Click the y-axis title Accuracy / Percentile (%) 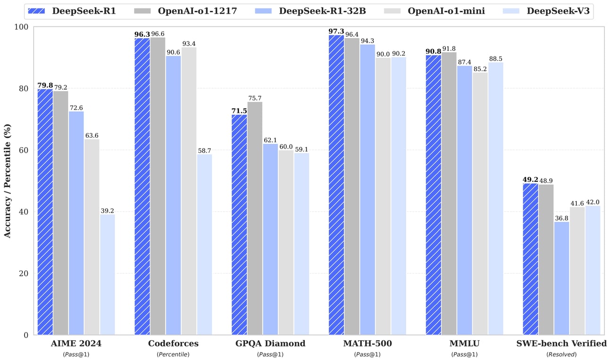click(8, 181)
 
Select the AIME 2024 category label click(76, 344)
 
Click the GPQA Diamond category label click(270, 344)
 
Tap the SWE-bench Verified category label click(561, 344)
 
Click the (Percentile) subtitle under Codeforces click(173, 354)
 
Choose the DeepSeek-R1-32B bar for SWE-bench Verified click(561, 278)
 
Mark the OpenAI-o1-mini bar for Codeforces click(189, 191)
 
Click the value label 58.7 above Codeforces click(204, 150)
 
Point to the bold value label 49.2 click(530, 180)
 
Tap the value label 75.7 click(255, 98)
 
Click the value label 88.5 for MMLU click(495, 58)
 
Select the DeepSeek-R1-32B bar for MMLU click(464, 200)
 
